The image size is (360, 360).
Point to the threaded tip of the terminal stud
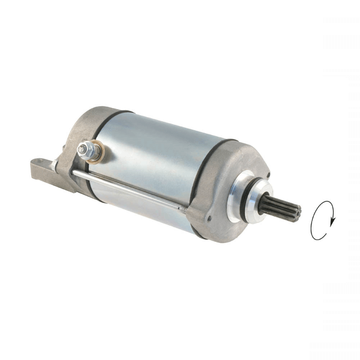(x=81, y=145)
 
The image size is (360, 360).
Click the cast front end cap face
(x=234, y=198)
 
